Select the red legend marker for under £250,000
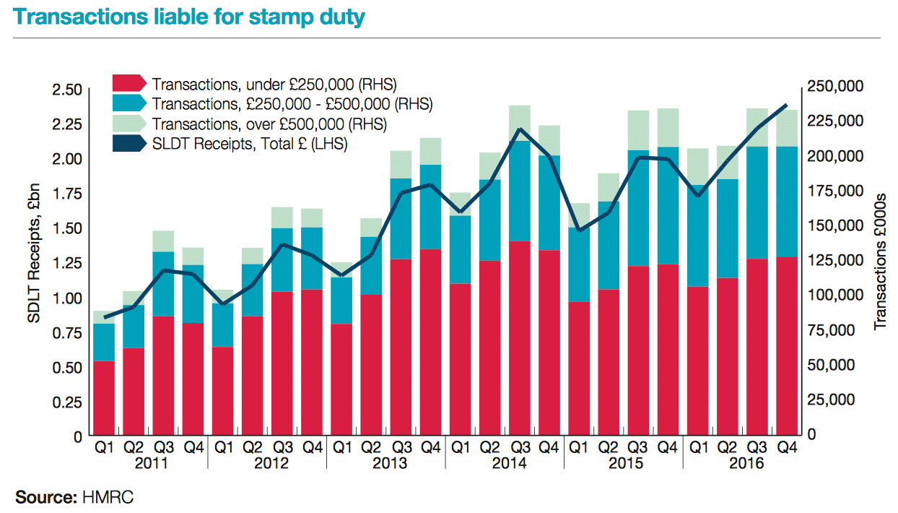tap(130, 82)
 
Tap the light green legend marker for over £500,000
tap(130, 124)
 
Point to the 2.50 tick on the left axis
tap(66, 89)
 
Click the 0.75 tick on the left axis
tap(66, 332)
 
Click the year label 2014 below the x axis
tap(505, 463)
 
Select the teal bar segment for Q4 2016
tap(786, 202)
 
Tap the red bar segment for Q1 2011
tap(105, 398)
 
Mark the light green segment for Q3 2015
tap(637, 131)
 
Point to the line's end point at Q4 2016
tap(786, 105)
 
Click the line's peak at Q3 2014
tap(519, 129)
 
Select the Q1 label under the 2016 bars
tap(697, 448)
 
